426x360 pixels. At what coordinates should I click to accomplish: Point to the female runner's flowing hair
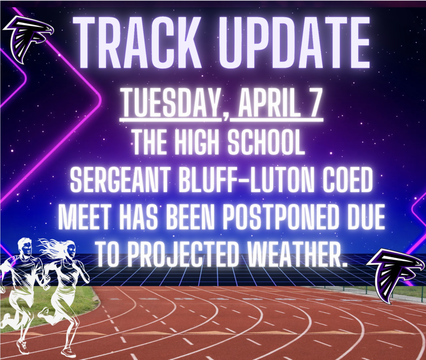point(52,248)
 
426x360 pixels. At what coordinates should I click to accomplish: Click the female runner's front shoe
point(68,352)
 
